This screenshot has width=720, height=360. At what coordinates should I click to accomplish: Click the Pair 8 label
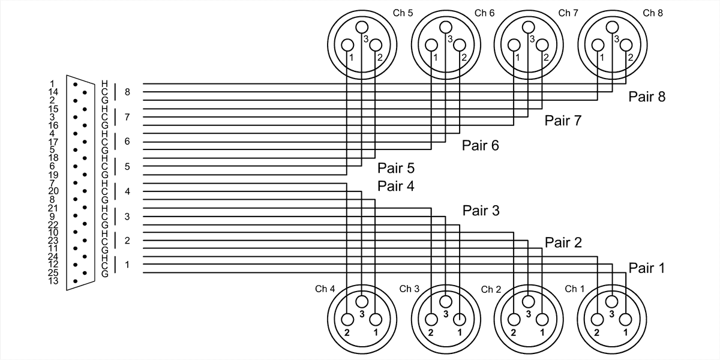[x=647, y=97]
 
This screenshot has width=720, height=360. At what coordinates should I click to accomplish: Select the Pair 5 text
[x=396, y=168]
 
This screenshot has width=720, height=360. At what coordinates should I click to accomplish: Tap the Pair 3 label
[x=481, y=211]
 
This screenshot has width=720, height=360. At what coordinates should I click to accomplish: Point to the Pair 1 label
[x=647, y=268]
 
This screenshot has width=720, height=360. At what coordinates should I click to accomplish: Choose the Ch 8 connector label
[x=653, y=13]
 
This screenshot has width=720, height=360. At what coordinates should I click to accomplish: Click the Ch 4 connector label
[x=325, y=289]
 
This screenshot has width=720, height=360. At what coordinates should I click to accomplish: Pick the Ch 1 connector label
[x=575, y=289]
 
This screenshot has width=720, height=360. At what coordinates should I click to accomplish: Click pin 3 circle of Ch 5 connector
[x=362, y=27]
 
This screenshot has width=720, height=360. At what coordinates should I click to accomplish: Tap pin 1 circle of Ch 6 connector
[x=431, y=46]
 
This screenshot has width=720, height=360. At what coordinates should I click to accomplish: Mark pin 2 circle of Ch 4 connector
[x=348, y=319]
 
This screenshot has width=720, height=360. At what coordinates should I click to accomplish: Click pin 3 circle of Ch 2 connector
[x=528, y=301]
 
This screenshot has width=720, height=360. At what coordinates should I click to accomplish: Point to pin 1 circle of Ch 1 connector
[x=625, y=319]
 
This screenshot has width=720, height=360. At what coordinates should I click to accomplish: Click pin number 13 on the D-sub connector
[x=52, y=281]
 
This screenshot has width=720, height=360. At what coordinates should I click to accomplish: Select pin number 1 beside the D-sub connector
[x=52, y=83]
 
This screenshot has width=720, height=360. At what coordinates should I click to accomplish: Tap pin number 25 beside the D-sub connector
[x=52, y=273]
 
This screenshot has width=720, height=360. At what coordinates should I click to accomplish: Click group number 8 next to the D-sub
[x=127, y=92]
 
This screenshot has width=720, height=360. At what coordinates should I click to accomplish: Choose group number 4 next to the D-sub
[x=127, y=191]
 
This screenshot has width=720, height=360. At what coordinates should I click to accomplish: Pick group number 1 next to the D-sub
[x=127, y=265]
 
